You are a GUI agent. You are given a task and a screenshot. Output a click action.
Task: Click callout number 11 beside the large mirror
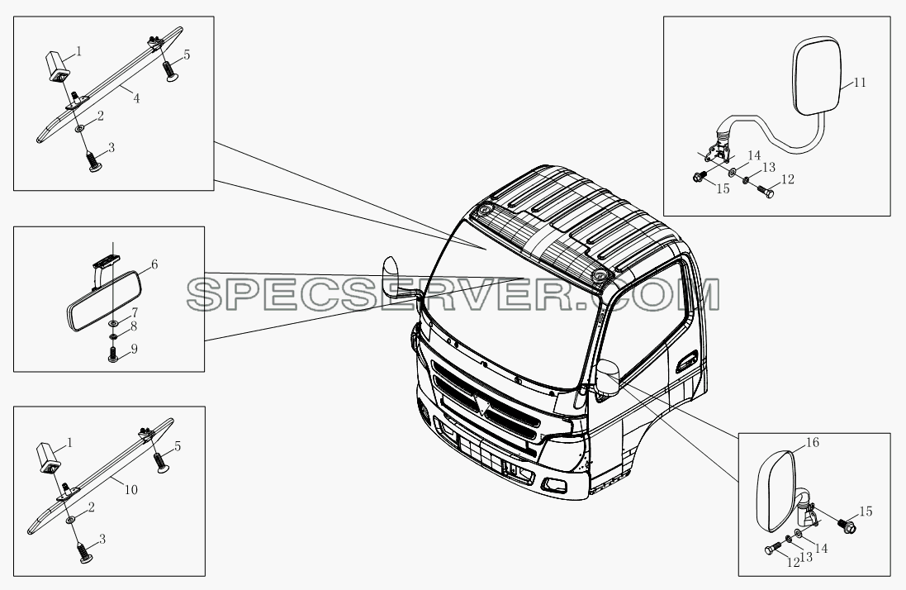click(860, 83)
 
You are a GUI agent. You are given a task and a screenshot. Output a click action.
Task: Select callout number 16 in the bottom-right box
click(813, 443)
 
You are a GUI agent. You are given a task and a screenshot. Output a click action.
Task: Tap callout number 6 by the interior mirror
click(154, 264)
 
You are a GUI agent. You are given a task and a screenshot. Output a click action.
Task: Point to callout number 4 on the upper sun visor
click(136, 99)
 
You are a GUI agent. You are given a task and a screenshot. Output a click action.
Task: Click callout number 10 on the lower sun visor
click(131, 490)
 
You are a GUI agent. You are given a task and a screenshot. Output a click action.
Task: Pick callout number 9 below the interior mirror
click(134, 349)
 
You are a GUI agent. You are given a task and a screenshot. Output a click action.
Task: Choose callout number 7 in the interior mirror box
click(134, 312)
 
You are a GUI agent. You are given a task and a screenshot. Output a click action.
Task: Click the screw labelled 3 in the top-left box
click(93, 161)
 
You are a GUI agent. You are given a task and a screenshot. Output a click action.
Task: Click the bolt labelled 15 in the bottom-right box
click(846, 526)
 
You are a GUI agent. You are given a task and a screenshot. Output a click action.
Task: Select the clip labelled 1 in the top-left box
click(57, 66)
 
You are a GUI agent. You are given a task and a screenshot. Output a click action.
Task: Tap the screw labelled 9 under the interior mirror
click(113, 354)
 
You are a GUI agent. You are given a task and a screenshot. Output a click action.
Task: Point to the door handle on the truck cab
click(687, 363)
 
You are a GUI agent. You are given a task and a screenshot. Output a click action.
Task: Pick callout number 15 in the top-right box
click(723, 189)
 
